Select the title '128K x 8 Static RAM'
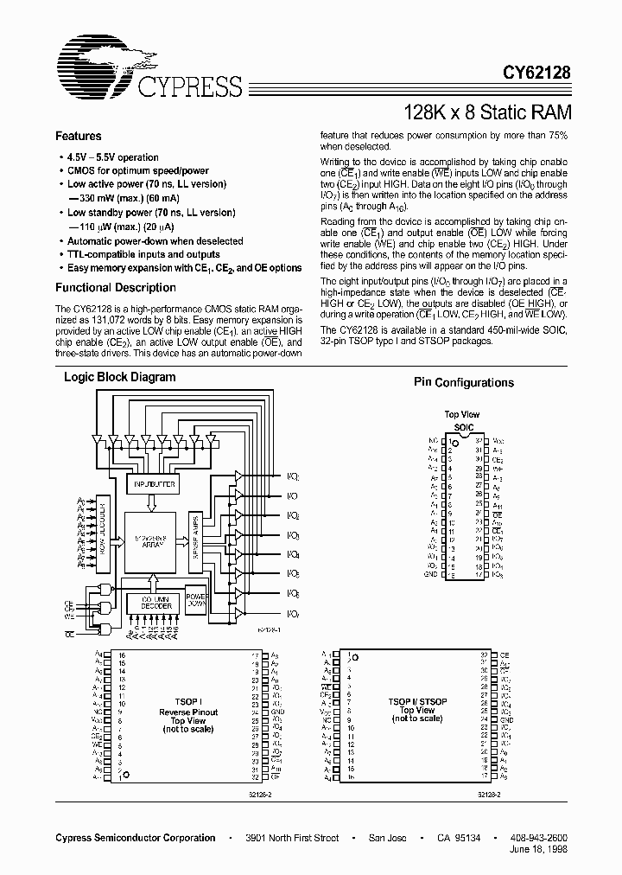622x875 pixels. coord(486,112)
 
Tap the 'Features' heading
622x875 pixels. coord(78,136)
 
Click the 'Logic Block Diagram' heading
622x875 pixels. coord(119,377)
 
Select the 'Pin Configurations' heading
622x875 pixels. coord(463,382)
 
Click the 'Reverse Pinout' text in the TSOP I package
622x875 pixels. coord(188,712)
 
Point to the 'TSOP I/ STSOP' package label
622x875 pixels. coord(418,702)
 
